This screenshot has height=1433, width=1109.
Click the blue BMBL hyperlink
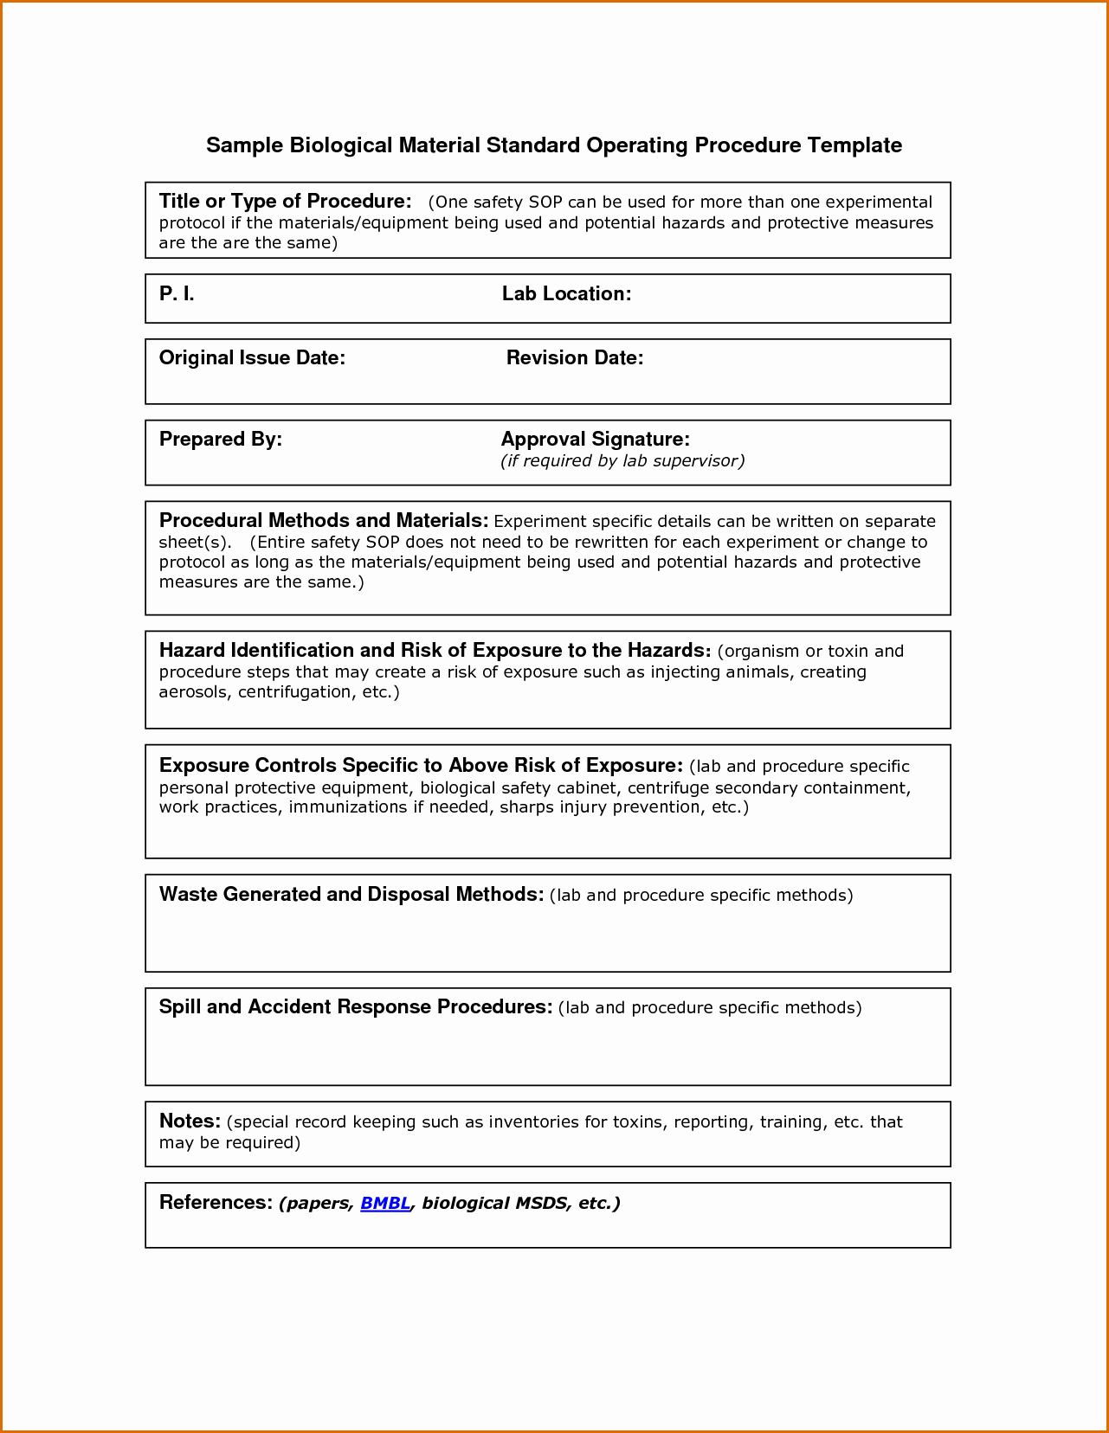(385, 1203)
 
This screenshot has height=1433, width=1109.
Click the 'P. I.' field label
(177, 294)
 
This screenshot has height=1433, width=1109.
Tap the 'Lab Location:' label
(566, 294)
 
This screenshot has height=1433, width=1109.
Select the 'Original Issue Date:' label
(252, 358)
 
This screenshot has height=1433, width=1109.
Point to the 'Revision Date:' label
(575, 358)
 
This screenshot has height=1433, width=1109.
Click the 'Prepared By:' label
(221, 440)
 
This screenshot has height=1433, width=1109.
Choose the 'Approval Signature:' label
(596, 440)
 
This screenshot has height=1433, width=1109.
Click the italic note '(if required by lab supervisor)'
(622, 461)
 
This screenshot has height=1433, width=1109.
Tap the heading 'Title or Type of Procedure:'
(285, 202)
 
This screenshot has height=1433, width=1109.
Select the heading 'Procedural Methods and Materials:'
(324, 521)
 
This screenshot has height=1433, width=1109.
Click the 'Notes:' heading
(190, 1121)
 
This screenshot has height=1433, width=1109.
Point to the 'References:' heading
(216, 1203)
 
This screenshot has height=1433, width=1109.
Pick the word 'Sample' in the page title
(244, 145)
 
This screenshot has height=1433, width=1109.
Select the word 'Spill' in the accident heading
(179, 1007)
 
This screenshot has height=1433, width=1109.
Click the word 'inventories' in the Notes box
(533, 1122)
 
